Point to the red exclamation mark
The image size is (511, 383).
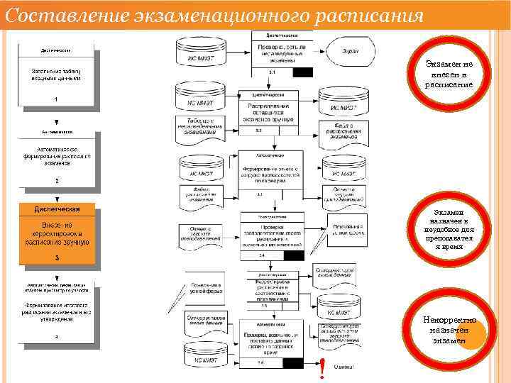[x=322, y=367]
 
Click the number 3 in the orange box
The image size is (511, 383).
[x=56, y=257]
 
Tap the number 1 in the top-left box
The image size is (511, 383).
[x=56, y=100]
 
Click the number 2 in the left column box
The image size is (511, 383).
[x=56, y=180]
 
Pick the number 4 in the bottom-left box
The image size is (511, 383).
[x=56, y=337]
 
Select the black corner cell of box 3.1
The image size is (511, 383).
[x=302, y=72]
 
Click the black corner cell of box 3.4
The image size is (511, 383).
[x=292, y=255]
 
